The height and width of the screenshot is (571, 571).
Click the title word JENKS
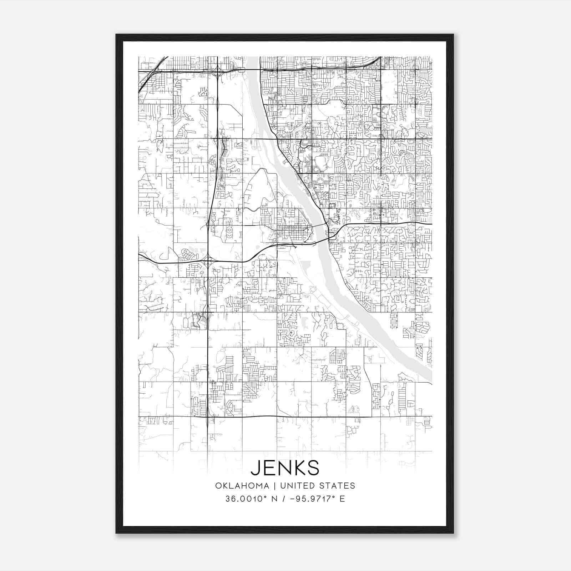(x=285, y=468)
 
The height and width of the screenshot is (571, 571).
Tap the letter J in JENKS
(x=256, y=468)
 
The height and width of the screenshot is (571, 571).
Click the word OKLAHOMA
(x=242, y=486)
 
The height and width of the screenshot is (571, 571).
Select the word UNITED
(x=295, y=486)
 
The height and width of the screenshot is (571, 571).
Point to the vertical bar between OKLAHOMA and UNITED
(x=274, y=486)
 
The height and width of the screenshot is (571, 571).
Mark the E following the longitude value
(x=342, y=499)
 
